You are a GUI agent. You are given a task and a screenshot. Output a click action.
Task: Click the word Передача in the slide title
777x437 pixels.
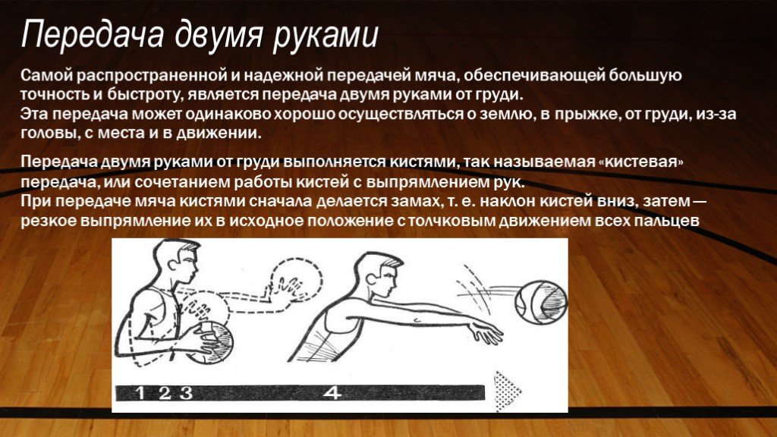click(93, 35)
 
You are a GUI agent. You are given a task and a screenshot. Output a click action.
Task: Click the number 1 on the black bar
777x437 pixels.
click(140, 393)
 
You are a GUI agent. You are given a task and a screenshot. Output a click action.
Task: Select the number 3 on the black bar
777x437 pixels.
click(186, 394)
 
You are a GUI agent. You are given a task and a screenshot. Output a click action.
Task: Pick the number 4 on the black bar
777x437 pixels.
click(332, 393)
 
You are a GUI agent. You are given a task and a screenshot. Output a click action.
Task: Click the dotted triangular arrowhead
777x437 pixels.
click(506, 391)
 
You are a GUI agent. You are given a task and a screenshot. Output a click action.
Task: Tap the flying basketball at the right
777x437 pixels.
click(540, 302)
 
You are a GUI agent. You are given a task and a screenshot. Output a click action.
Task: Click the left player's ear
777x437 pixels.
click(172, 263)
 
